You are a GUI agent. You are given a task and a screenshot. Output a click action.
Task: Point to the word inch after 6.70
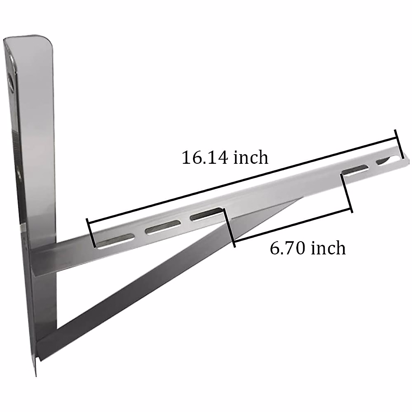tap(329, 248)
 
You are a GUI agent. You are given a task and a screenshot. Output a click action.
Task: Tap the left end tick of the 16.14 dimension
tap(91, 233)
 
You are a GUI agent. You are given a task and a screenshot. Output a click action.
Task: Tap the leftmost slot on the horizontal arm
tap(115, 241)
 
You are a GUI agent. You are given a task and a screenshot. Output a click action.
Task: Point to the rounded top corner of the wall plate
tap(48, 39)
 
